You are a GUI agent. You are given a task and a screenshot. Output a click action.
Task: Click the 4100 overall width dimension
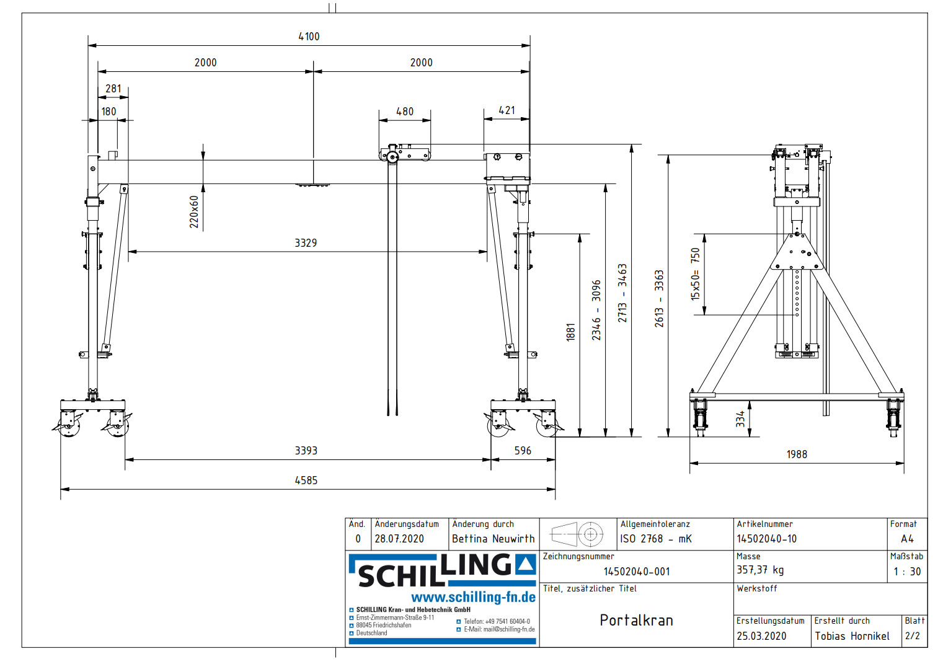point(309,37)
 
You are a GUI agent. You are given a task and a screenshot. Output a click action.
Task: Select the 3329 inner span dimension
point(306,243)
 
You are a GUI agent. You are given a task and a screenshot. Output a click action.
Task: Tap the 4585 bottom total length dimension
point(306,480)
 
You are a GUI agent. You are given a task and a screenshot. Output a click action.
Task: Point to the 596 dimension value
point(523,451)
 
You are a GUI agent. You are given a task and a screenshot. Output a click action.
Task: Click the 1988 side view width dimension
point(797,454)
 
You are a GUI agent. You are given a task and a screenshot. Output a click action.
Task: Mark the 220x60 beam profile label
point(194,212)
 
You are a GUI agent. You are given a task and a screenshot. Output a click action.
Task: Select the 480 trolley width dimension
point(405,112)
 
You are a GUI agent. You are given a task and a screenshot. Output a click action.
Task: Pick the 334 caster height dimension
point(740,419)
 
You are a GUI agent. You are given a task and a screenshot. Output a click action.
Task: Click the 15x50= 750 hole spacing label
point(695,274)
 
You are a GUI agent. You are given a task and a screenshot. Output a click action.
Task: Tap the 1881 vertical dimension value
point(571,332)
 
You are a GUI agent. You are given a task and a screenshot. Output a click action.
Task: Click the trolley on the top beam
point(405,153)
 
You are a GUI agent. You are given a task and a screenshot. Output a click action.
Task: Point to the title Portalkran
point(636,620)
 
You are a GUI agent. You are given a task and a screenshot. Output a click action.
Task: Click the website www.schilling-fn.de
point(473,597)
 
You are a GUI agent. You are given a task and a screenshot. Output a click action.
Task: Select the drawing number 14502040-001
point(637,572)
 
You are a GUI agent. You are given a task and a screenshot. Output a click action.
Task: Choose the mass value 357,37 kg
point(760,570)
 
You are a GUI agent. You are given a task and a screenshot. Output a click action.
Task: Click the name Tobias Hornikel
point(852,636)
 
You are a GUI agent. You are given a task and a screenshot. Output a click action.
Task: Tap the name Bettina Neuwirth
point(493,539)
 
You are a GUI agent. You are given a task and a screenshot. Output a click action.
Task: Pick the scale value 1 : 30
point(907,572)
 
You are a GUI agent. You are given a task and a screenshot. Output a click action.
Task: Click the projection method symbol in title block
point(577,534)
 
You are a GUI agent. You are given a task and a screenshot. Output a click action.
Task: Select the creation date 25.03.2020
point(761,636)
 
